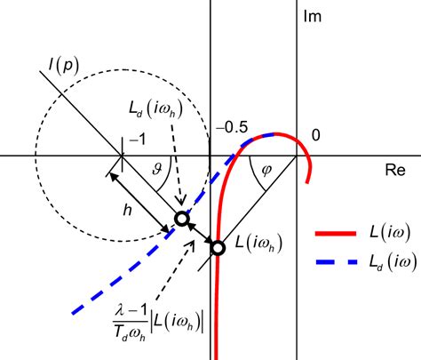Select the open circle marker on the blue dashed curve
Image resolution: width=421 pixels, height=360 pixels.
(x=181, y=219)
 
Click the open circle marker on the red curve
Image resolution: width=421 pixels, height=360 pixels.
(x=218, y=248)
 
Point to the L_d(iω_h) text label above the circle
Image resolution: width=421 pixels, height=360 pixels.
(x=156, y=111)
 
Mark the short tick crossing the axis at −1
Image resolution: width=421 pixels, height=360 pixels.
(x=121, y=154)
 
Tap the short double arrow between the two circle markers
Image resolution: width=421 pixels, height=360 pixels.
(x=200, y=234)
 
